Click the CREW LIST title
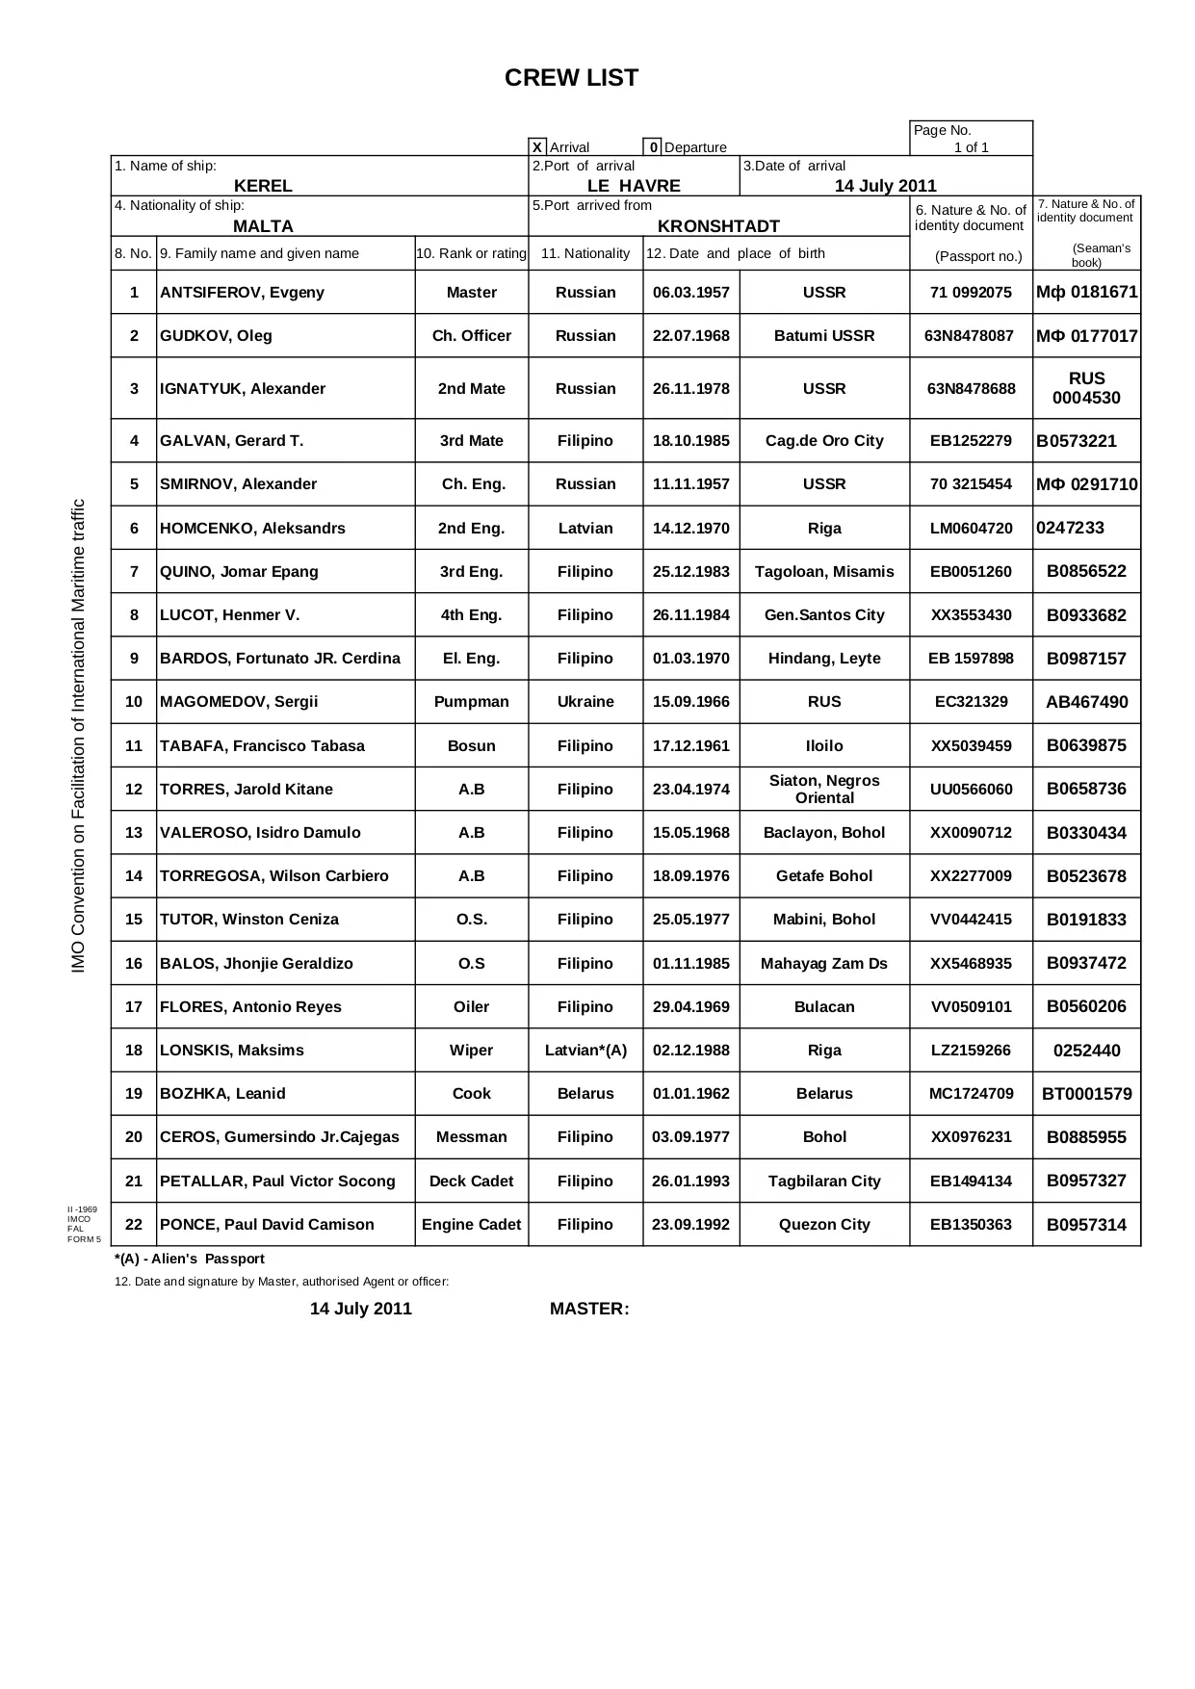point(571,79)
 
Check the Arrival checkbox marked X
point(538,147)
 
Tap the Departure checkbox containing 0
point(652,147)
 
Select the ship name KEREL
point(263,186)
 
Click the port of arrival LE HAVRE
point(634,186)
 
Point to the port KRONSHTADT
point(718,226)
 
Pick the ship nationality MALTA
point(263,226)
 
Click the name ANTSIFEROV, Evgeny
point(242,293)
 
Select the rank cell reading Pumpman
point(471,702)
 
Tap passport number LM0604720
point(971,529)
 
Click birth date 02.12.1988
point(690,1051)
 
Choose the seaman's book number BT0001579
point(1086,1094)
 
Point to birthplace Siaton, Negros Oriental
point(824,789)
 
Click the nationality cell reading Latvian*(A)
point(585,1051)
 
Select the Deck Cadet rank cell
point(471,1182)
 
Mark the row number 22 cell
point(134,1225)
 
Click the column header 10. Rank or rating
point(471,254)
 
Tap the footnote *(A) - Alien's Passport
point(189,1259)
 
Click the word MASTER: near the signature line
point(589,1309)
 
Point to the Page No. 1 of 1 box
point(971,139)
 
